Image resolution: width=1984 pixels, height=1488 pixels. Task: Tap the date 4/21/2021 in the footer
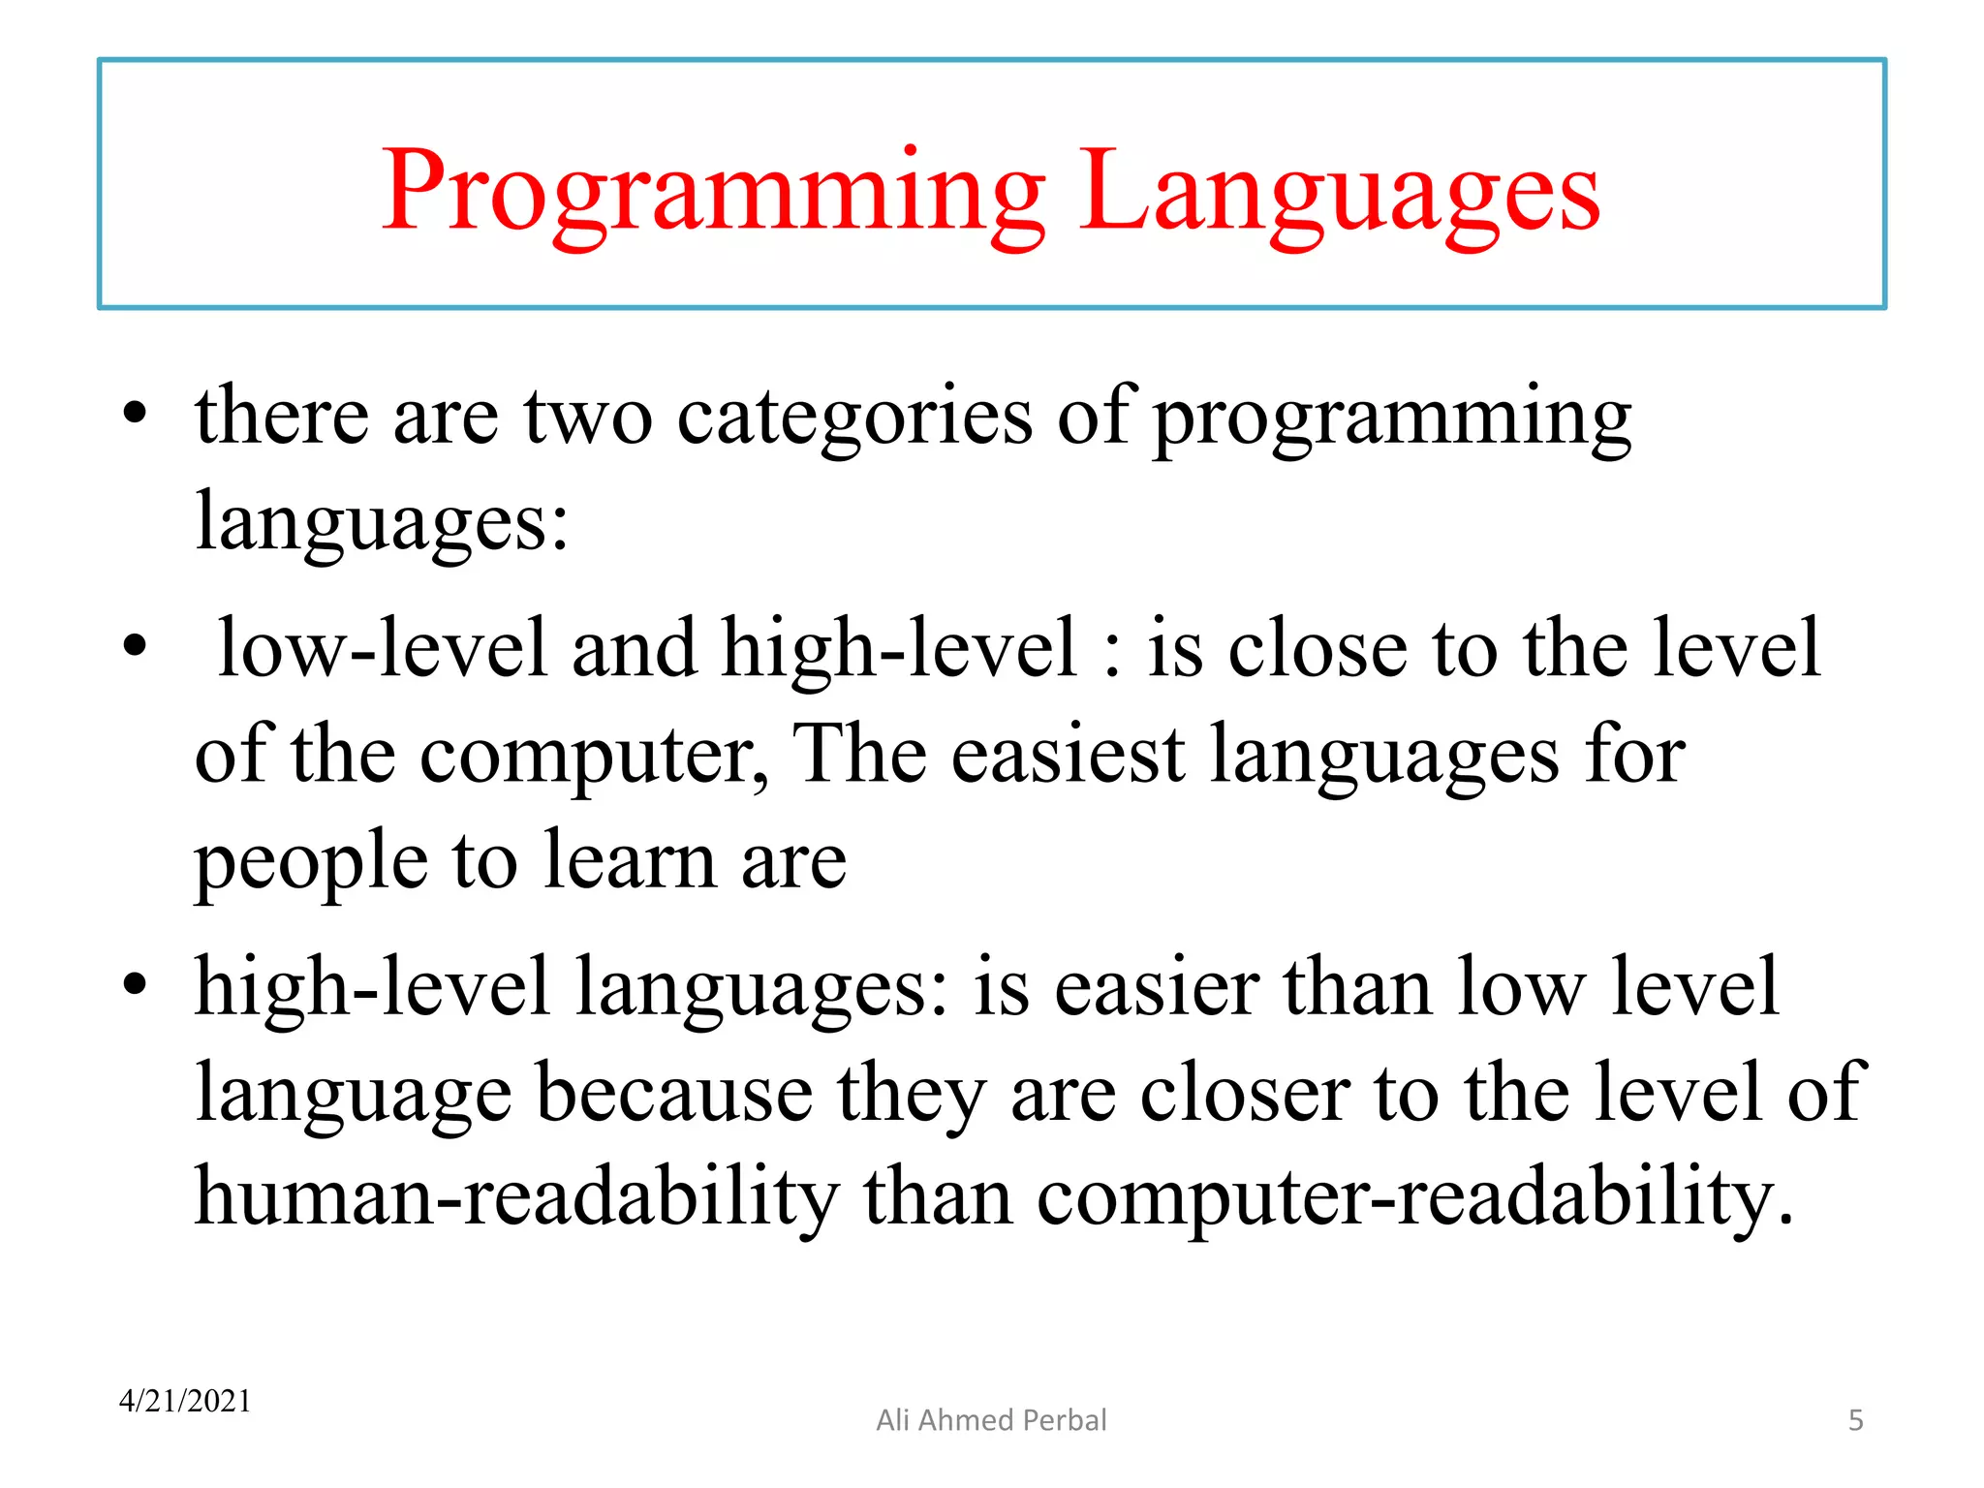[x=185, y=1401]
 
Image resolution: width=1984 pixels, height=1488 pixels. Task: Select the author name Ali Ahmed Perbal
[x=991, y=1420]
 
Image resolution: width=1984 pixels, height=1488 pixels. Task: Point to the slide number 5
[x=1855, y=1420]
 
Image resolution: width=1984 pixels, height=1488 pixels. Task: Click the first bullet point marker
[x=135, y=415]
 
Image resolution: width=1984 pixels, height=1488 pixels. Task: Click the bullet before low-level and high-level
[x=135, y=646]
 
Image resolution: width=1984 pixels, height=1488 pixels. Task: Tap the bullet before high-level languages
[x=135, y=985]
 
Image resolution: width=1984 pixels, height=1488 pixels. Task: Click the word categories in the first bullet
[x=854, y=417]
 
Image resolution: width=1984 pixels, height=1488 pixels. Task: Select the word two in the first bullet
[x=588, y=417]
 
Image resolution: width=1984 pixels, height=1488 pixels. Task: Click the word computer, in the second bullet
[x=593, y=756]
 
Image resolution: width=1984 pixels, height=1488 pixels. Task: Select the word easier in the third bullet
[x=1157, y=988]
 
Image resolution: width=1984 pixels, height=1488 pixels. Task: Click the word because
[x=674, y=1093]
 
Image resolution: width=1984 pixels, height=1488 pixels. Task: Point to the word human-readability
[x=516, y=1197]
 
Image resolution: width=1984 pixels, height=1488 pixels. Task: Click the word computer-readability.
[x=1414, y=1197]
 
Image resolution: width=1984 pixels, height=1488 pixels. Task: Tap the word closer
[x=1244, y=1093]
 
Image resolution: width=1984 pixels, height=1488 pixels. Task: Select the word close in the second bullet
[x=1317, y=649]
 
